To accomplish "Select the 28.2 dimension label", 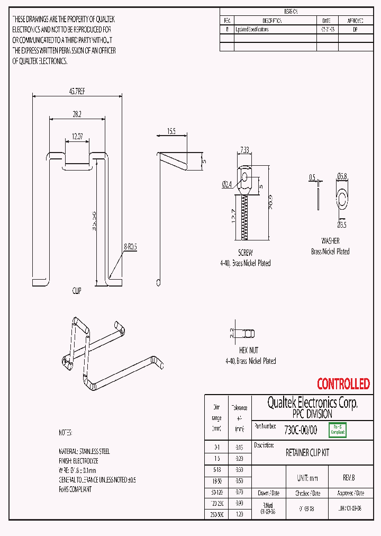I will pos(77,113).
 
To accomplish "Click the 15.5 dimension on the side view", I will pos(171,131).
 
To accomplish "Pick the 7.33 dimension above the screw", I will pos(244,150).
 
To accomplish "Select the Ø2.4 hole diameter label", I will pos(226,184).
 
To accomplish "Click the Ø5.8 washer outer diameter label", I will pos(342,177).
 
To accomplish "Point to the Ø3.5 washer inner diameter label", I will pos(343,225).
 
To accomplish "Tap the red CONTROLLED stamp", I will pos(343,383).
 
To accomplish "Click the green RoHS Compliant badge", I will pos(337,430).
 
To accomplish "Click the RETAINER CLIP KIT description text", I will pos(307,453).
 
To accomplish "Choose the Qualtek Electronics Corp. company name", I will pos(312,403).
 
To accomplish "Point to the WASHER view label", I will pos(330,240).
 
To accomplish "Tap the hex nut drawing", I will pos(249,333).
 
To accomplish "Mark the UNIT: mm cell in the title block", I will pos(307,478).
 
